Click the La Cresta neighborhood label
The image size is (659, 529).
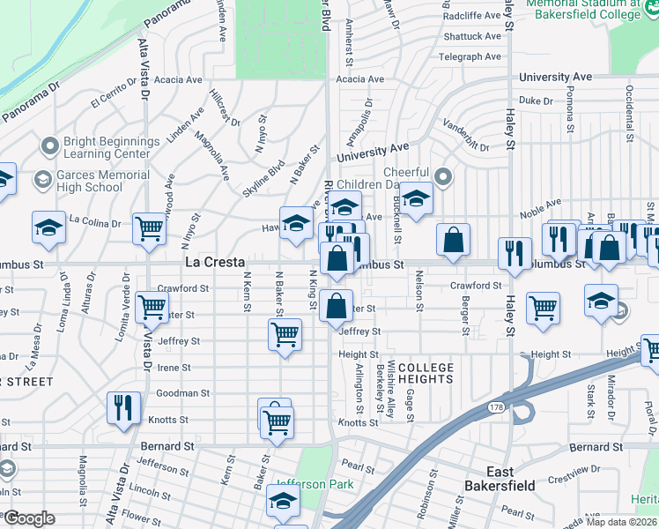point(215,263)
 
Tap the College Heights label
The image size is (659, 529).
point(426,373)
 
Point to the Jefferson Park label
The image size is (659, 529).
point(313,484)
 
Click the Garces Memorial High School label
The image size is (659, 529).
point(102,181)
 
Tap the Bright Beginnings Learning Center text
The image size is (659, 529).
point(112,147)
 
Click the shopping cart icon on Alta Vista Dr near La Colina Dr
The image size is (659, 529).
point(150,229)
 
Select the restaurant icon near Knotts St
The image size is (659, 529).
point(122,406)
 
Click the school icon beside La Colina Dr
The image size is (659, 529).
point(49,227)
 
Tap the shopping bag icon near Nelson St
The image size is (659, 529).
point(453,240)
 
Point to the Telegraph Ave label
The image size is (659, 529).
point(470,57)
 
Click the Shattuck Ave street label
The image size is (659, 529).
point(472,37)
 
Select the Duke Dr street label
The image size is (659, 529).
point(535,101)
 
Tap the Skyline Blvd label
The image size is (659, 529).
point(264,177)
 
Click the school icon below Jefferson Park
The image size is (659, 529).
point(284,502)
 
